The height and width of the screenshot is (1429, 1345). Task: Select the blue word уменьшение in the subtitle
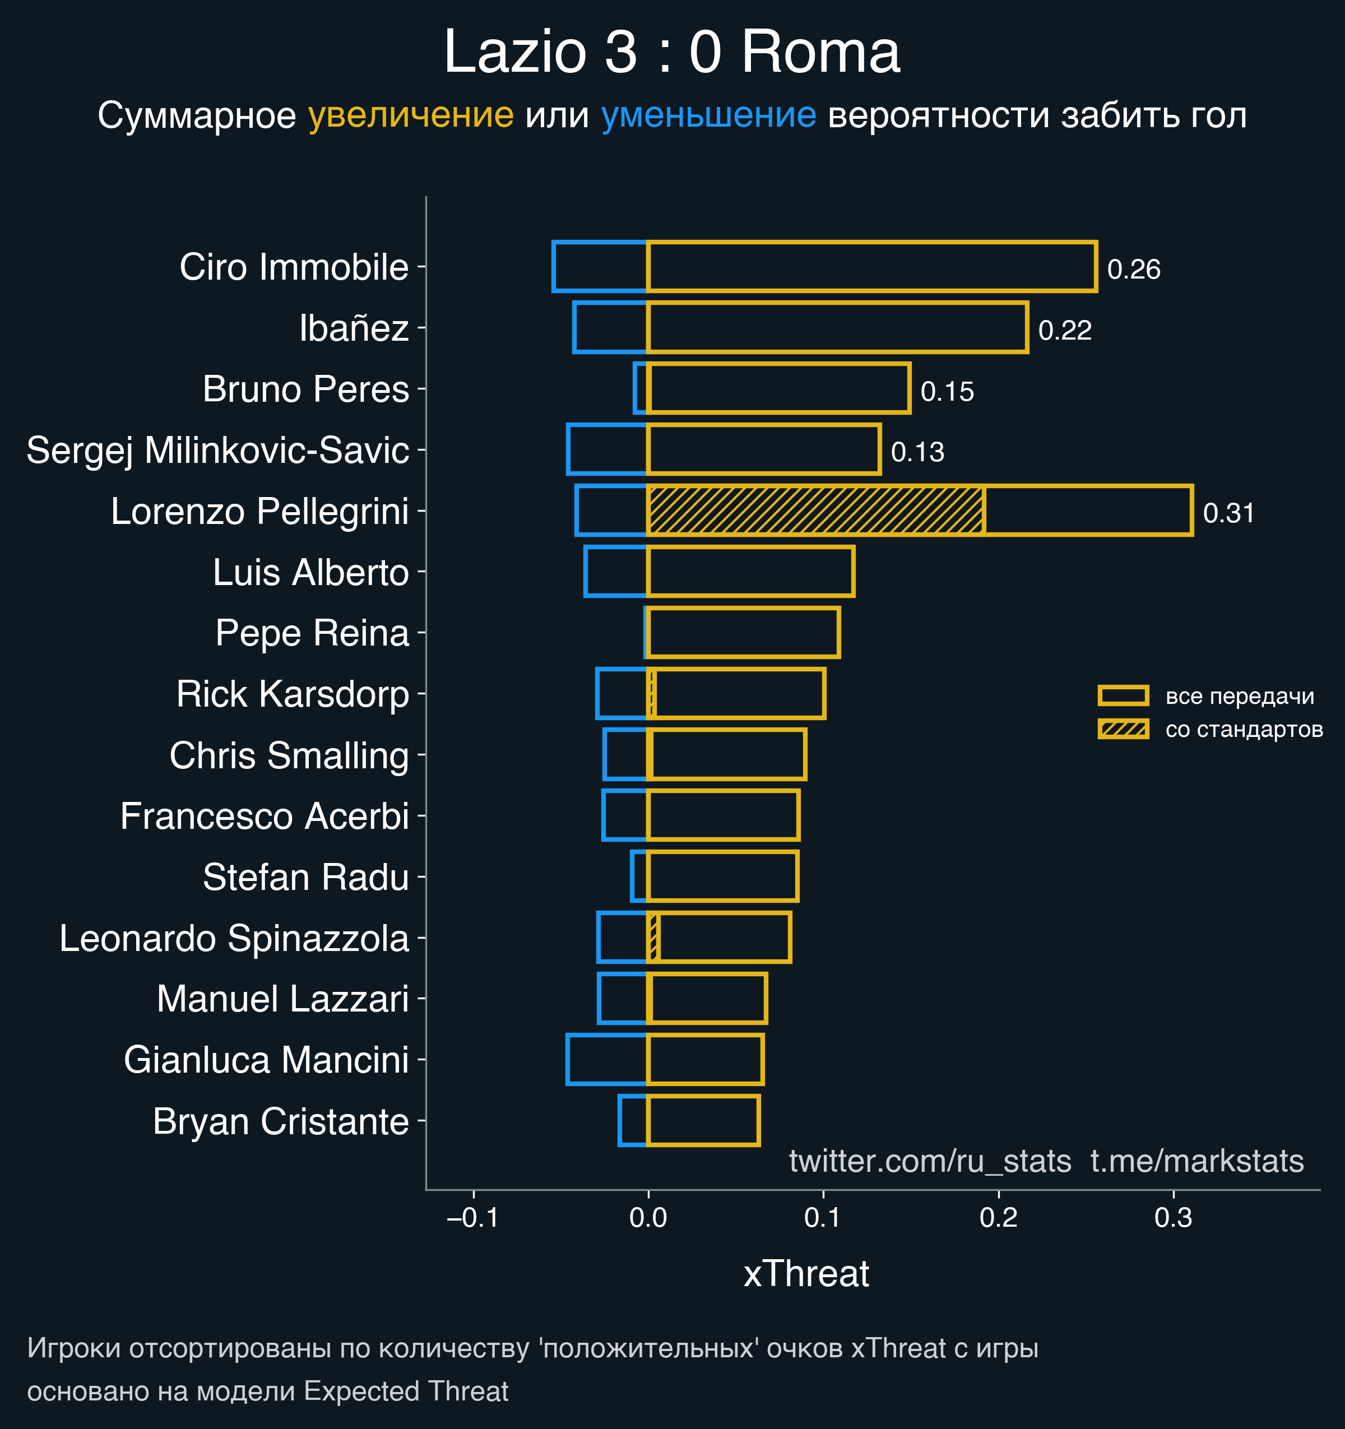point(708,115)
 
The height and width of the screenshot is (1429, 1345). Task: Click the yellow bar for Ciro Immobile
point(871,267)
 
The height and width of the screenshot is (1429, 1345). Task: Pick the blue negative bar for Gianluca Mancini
point(607,1059)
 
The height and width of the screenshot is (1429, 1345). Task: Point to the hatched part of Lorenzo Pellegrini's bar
point(815,511)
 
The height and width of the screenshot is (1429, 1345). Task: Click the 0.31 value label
point(1228,513)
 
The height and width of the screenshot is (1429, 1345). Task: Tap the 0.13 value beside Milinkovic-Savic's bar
point(917,452)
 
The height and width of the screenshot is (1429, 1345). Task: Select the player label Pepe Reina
point(312,633)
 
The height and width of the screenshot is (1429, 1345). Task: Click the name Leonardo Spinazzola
point(234,938)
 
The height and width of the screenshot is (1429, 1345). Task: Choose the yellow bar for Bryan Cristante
point(703,1120)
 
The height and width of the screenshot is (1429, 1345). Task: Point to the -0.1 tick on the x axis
point(473,1218)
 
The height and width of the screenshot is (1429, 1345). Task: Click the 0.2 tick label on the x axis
point(999,1218)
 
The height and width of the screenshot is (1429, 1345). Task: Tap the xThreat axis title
point(806,1274)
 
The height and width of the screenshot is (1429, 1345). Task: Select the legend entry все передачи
point(1239,696)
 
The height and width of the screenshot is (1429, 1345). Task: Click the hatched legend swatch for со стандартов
point(1123,729)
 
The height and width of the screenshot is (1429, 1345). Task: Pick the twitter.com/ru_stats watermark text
point(930,1161)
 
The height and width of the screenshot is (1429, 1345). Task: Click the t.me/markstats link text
point(1197,1161)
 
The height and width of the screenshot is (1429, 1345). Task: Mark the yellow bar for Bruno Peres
point(778,388)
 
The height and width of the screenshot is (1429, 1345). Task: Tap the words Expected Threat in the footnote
point(406,1391)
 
